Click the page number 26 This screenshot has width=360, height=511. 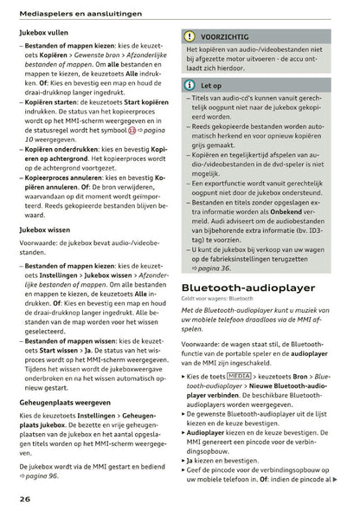[25, 499]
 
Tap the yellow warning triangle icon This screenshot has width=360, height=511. [190, 37]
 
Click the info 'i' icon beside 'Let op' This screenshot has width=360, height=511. [190, 86]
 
